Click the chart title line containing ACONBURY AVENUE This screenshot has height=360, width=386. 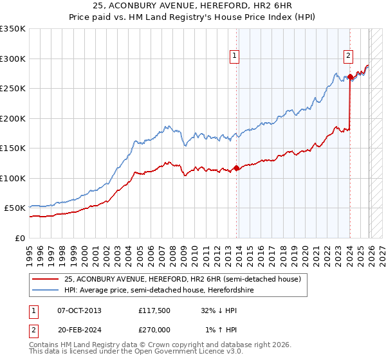coord(192,6)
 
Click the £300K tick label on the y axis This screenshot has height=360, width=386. coord(13,59)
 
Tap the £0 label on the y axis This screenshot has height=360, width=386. coord(21,238)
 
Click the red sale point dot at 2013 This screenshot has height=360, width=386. coord(236,168)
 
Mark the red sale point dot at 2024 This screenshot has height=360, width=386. coord(350,77)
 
